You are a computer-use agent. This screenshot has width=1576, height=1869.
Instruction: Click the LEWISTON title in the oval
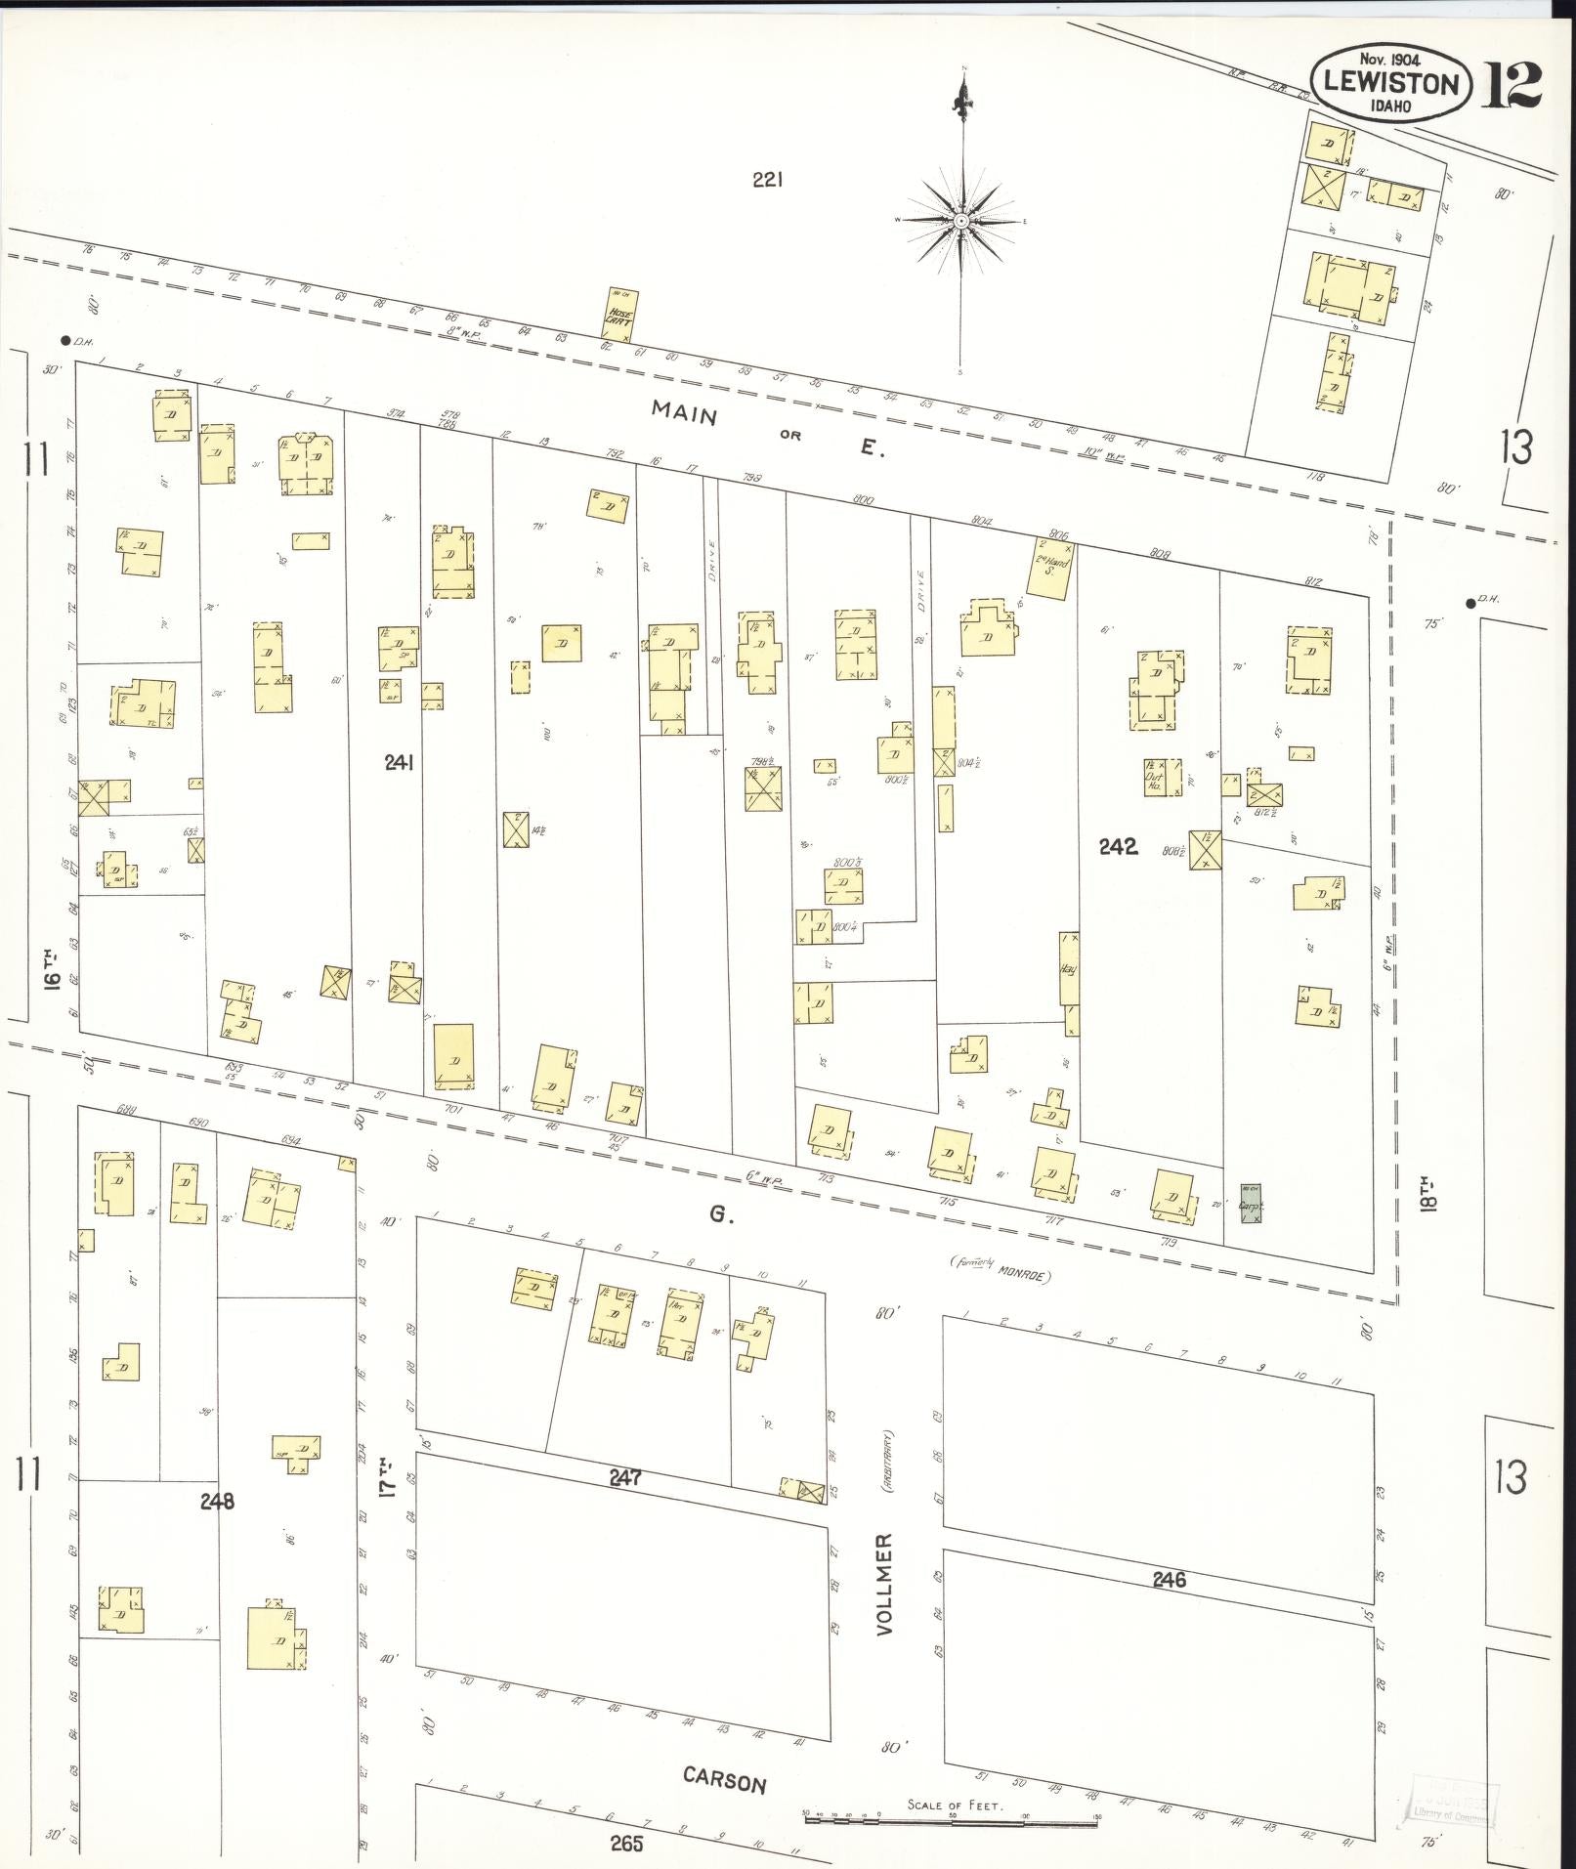coord(1391,84)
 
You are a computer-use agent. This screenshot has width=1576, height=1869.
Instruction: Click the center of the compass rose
coord(962,222)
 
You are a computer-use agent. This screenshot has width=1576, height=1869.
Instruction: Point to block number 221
coord(768,180)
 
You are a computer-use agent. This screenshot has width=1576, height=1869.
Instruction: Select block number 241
coord(399,763)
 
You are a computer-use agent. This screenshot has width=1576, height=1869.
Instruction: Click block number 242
coord(1118,847)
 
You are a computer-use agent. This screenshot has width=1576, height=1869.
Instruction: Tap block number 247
coord(624,1478)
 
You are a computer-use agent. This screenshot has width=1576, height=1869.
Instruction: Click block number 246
coord(1169,1579)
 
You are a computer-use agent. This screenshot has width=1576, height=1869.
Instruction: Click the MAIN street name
coord(685,414)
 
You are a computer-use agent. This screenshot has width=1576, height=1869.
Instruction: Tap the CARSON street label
coord(724,1780)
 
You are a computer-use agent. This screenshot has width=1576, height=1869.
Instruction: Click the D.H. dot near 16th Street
coord(65,341)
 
